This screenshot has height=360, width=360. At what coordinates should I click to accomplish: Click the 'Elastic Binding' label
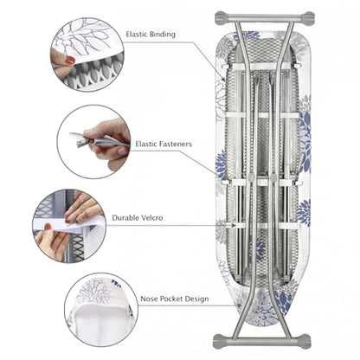[x=151, y=35]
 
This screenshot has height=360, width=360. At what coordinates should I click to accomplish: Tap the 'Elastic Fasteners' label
[x=164, y=144]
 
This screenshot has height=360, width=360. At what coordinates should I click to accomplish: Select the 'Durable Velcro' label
[x=138, y=218]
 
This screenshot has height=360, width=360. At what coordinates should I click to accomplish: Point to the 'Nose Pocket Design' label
[x=175, y=299]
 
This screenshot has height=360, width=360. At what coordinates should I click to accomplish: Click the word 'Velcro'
[x=152, y=218]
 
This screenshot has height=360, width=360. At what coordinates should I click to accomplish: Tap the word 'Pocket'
[x=171, y=299]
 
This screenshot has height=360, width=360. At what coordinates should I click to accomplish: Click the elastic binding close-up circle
[x=87, y=55]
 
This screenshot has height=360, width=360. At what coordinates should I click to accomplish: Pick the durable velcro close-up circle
[x=69, y=226]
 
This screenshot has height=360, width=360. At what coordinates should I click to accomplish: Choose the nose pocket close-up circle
[x=101, y=310]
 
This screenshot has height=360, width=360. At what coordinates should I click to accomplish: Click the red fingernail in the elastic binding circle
[x=70, y=60]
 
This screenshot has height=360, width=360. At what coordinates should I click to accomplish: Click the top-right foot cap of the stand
[x=307, y=18]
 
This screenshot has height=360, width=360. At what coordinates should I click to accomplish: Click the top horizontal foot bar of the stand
[x=265, y=18]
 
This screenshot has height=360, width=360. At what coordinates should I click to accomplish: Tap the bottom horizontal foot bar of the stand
[x=261, y=341]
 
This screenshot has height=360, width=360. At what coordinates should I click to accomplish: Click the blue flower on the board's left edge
[x=221, y=164]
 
